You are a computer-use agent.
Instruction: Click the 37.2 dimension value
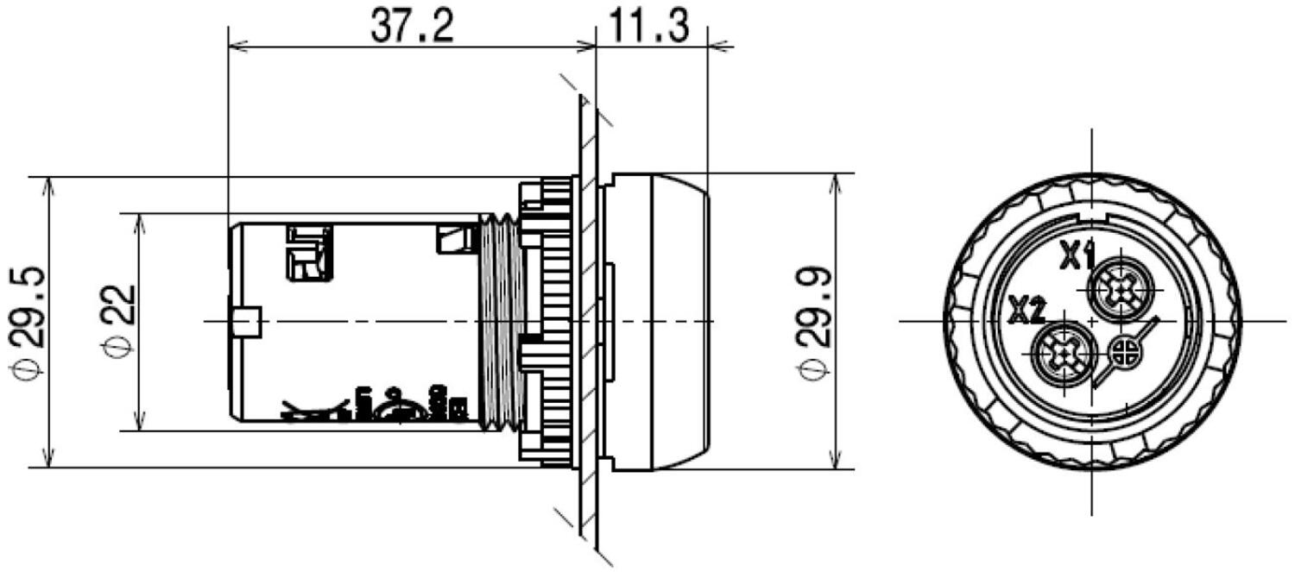pos(412,28)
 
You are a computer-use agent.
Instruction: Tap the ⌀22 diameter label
pos(117,321)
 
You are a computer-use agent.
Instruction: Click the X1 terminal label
pos(1077,255)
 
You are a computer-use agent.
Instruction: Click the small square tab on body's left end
pos(245,321)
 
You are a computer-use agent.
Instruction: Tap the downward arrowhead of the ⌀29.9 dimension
pos(835,462)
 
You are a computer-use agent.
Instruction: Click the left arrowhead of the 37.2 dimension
pos(235,45)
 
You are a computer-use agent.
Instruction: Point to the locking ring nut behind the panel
pos(548,321)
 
